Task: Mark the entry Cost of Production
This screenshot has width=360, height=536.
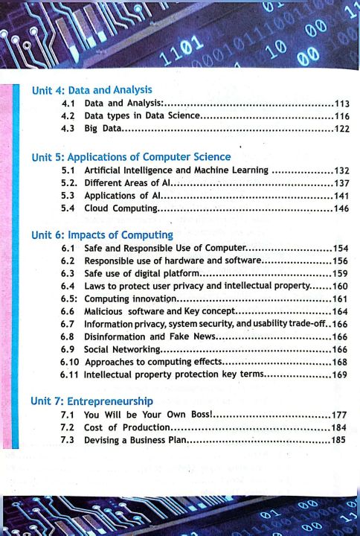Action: (128, 427)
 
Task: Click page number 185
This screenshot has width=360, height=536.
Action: (339, 440)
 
